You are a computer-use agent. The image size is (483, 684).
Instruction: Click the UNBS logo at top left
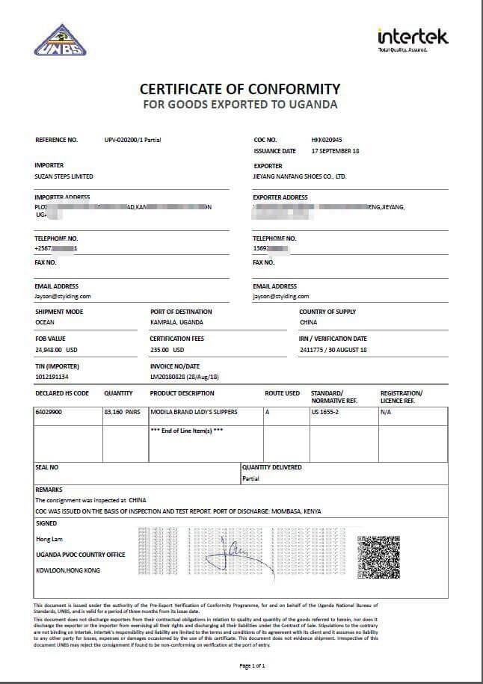coord(60,40)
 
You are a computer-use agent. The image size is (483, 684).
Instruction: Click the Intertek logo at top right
coord(413,37)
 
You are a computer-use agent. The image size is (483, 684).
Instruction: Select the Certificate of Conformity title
coord(240,88)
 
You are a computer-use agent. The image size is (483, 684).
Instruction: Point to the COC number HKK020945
coord(326,140)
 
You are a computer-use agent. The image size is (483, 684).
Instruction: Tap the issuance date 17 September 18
coord(335,151)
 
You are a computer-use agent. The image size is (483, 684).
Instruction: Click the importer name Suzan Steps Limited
coord(64,177)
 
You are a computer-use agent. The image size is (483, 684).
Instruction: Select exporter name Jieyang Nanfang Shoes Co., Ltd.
coord(300,177)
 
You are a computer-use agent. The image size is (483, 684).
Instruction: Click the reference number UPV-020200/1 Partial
coord(133,140)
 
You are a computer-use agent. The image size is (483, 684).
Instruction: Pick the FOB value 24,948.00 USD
coord(56,350)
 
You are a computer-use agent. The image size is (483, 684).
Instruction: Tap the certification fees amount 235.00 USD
coord(167,350)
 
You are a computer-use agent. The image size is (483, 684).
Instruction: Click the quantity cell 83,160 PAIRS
coord(123,412)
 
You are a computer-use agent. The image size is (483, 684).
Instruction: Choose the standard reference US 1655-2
coord(325,412)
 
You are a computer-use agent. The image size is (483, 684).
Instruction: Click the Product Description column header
coord(182,393)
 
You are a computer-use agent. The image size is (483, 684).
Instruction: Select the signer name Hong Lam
coord(47,539)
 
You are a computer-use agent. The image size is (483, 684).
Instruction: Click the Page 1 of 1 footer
coord(252,665)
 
